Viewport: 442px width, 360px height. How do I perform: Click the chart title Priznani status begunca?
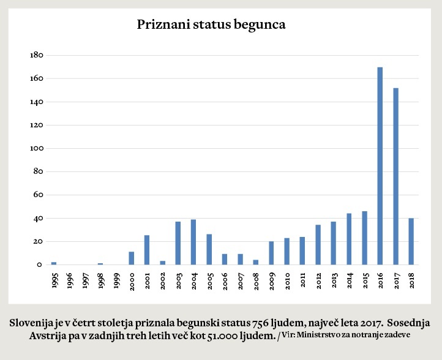click(211, 25)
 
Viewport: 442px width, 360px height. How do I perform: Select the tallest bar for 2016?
click(380, 166)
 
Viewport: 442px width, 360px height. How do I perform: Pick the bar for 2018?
click(411, 241)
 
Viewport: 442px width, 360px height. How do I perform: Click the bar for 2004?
click(193, 242)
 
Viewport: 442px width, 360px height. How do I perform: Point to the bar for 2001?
click(147, 250)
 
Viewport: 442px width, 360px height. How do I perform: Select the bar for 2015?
click(364, 238)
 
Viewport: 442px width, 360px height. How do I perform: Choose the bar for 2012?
click(318, 245)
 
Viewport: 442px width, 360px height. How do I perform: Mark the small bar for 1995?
click(54, 263)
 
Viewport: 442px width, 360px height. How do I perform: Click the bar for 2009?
click(271, 253)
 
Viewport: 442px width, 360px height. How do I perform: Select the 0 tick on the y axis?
click(39, 264)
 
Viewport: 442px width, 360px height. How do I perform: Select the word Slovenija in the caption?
click(34, 323)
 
